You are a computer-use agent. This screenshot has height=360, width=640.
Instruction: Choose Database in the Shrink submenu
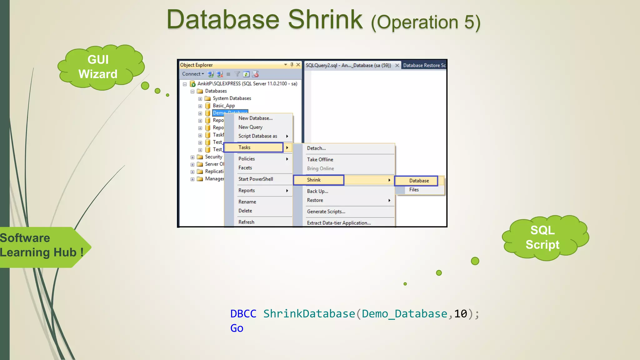pyautogui.click(x=419, y=181)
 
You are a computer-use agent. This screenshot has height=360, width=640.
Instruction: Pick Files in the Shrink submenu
pyautogui.click(x=414, y=190)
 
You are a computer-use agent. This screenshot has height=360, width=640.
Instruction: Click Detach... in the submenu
pyautogui.click(x=316, y=148)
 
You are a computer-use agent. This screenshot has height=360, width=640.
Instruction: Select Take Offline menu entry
pyautogui.click(x=320, y=159)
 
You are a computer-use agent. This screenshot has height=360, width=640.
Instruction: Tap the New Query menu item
pyautogui.click(x=250, y=127)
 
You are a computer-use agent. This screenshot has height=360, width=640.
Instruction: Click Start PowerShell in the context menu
pyautogui.click(x=256, y=179)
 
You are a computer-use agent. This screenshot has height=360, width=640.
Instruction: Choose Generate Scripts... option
pyautogui.click(x=326, y=212)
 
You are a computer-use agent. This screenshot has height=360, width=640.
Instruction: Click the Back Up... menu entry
pyautogui.click(x=317, y=191)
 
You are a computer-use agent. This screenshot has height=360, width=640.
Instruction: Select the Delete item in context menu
pyautogui.click(x=245, y=211)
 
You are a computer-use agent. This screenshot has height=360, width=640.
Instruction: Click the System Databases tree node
pyautogui.click(x=232, y=98)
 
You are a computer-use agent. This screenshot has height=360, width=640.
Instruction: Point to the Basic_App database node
pyautogui.click(x=223, y=106)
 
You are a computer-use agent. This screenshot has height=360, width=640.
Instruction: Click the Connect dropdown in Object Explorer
pyautogui.click(x=193, y=74)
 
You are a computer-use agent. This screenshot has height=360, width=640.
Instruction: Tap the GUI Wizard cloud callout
pyautogui.click(x=98, y=67)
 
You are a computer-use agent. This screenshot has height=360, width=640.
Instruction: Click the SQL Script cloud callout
pyautogui.click(x=542, y=237)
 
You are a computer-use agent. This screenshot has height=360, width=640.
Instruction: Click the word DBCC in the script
pyautogui.click(x=243, y=314)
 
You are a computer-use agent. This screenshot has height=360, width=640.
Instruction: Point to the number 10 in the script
pyautogui.click(x=460, y=314)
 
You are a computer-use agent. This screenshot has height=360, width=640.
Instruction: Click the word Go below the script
pyautogui.click(x=237, y=328)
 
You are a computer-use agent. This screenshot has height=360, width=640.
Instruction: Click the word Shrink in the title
pyautogui.click(x=325, y=20)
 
